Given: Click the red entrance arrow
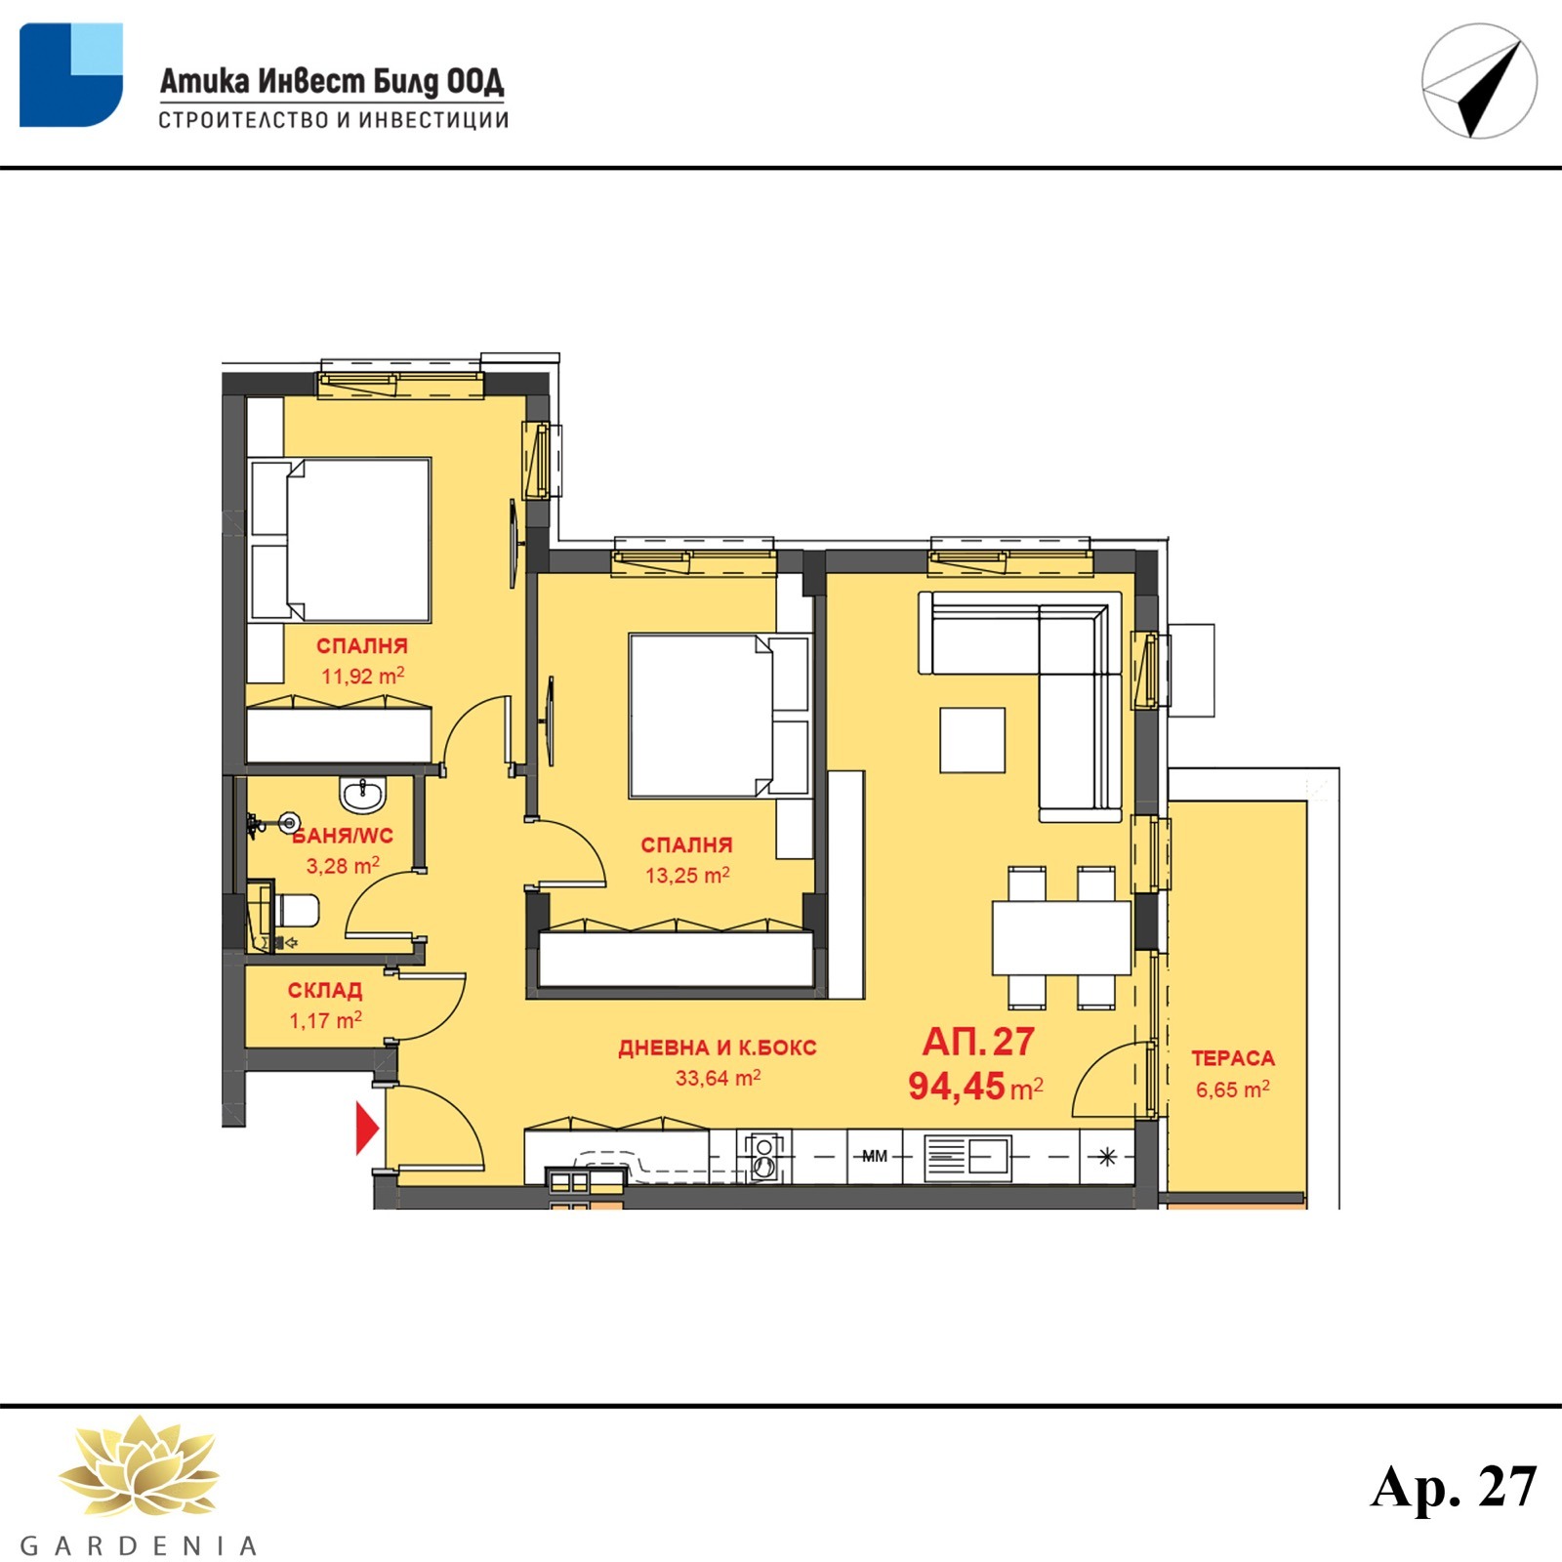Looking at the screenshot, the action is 367,1129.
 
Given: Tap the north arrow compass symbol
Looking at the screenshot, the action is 1479,81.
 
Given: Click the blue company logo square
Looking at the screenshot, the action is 71,75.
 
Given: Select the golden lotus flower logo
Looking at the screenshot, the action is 138,1466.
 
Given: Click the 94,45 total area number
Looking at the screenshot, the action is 956,1086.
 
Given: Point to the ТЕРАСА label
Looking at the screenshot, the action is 1233,1058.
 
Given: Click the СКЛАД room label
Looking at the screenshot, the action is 325,990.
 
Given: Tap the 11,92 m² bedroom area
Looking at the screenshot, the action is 362,676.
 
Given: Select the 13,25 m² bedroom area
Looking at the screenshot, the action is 687,875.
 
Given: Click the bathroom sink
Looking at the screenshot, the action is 363,794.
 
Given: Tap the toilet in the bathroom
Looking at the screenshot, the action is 296,911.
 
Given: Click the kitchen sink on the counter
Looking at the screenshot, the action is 967,1159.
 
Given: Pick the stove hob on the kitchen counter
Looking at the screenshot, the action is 765,1157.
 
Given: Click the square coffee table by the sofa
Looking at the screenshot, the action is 972,740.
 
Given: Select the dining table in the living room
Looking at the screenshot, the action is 1061,937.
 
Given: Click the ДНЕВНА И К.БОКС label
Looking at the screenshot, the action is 718,1048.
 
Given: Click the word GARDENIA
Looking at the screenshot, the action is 138,1546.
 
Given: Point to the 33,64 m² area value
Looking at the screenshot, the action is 718,1078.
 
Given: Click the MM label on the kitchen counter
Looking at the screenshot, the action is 875,1156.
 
